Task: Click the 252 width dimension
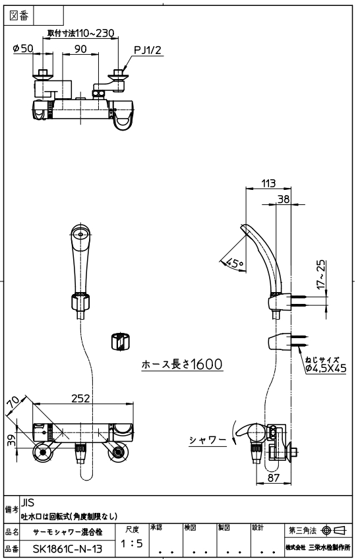coord(80,398)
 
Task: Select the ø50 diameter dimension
coord(23,48)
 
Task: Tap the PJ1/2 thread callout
coord(148,50)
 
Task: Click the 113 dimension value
coord(268,183)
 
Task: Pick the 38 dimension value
coord(284,199)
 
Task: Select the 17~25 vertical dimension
coord(321,274)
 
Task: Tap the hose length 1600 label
coord(182,364)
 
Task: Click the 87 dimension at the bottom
coord(274,477)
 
